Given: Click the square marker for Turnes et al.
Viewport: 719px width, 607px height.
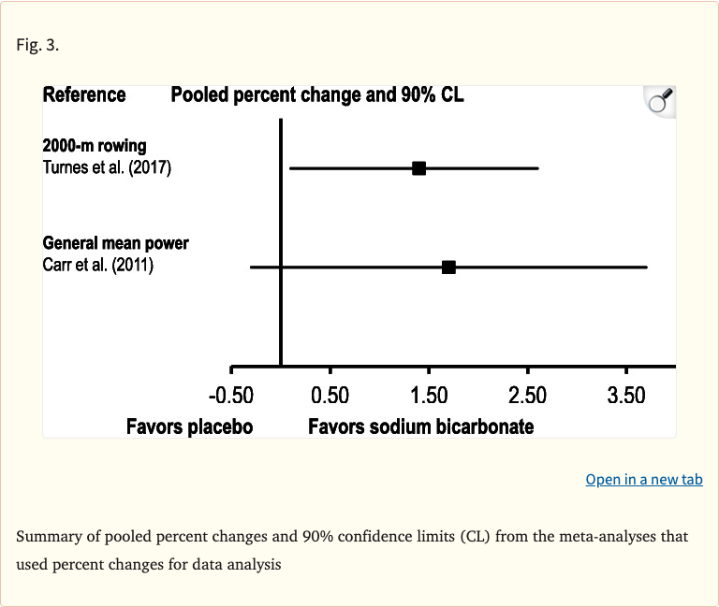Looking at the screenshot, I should pos(419,168).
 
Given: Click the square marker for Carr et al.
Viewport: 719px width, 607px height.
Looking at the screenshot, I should pos(448,267).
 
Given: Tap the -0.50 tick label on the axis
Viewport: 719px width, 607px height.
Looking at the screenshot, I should pos(230,396).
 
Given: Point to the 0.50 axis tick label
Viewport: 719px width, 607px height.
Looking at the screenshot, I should pos(330,396).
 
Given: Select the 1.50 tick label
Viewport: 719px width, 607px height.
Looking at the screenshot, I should pos(429,396).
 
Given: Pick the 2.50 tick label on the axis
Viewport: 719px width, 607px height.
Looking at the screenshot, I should pos(527,396).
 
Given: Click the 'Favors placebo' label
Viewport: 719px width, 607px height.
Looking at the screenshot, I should pos(189,426).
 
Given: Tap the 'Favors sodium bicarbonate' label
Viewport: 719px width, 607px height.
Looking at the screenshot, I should pos(420,426).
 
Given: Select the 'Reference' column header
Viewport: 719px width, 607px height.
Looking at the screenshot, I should pos(84,94).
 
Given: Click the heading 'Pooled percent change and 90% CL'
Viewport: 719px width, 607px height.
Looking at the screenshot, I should pos(317,94).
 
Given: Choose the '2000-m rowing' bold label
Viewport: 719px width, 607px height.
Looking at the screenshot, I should pos(95,146).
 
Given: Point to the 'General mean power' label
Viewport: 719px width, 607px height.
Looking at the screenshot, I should pos(116,243).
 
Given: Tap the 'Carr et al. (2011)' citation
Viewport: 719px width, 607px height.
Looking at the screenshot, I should pos(98,265).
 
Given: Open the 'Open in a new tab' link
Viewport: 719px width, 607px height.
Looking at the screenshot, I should pos(643,479).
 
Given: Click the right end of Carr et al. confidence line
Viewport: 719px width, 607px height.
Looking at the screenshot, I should pos(646,267).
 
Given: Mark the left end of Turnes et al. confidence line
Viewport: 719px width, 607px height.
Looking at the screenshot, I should pos(291,168).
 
